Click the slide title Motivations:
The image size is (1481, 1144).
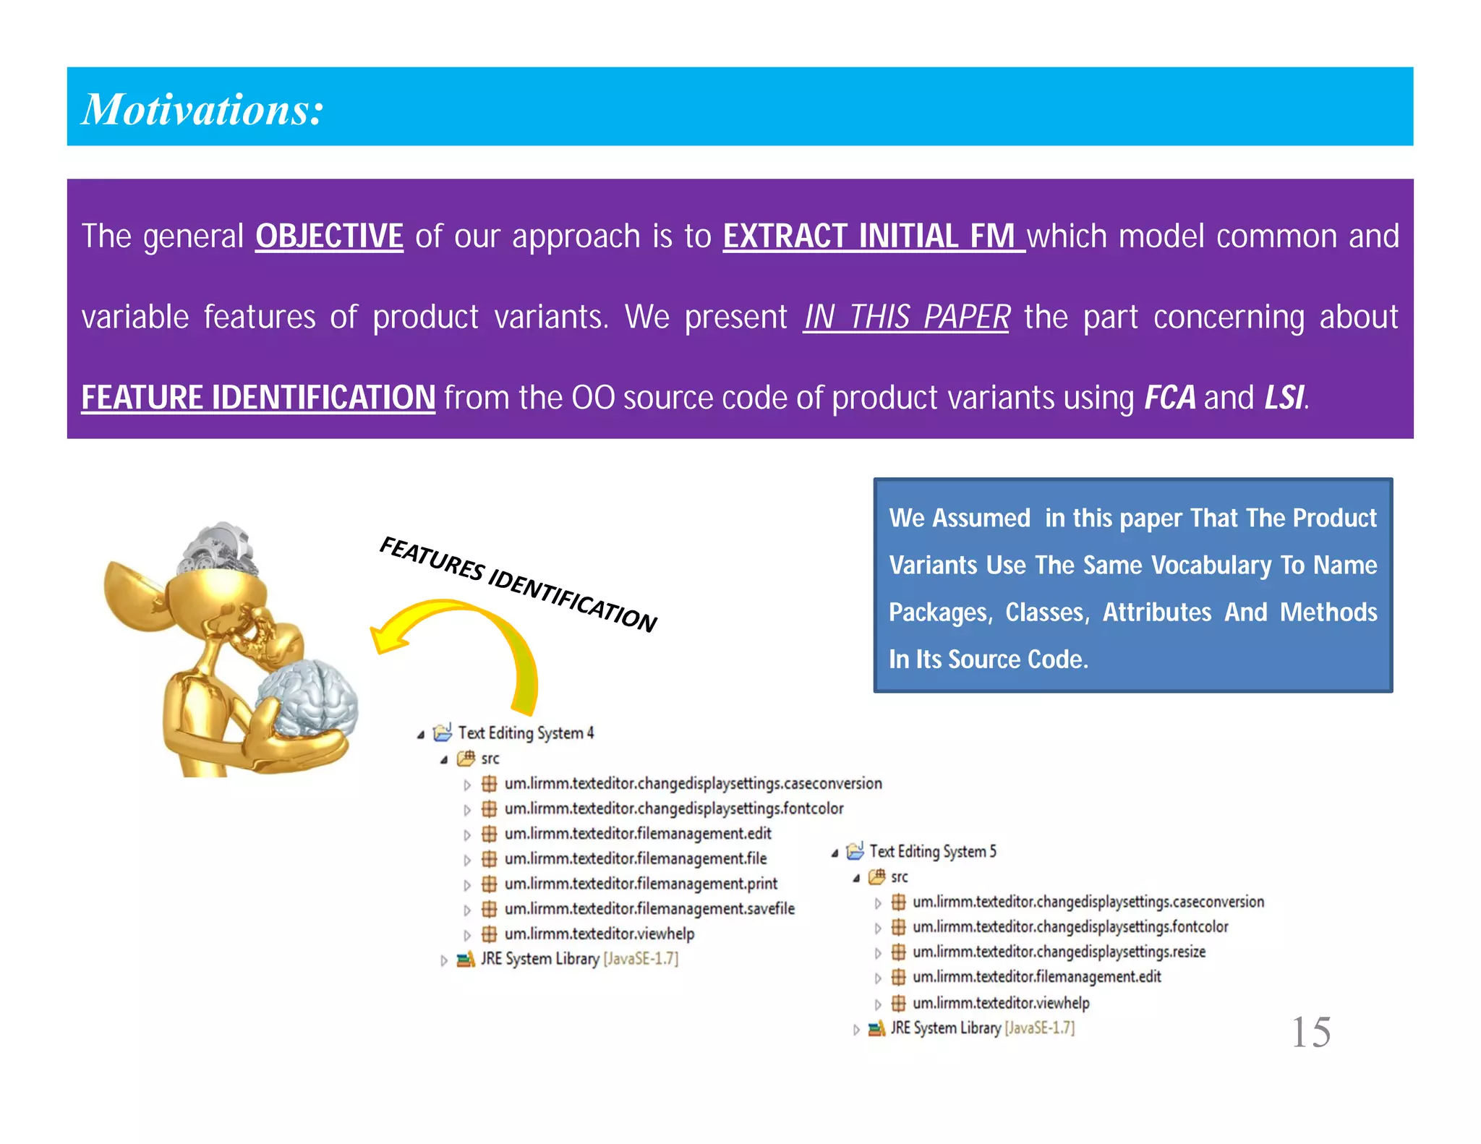[202, 109]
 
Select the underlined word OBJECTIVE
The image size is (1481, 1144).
[329, 236]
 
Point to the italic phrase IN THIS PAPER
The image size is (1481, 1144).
[906, 317]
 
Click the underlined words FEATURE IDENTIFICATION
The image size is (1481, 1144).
[258, 397]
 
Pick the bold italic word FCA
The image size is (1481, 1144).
[1169, 397]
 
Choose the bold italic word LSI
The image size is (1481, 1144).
[1284, 397]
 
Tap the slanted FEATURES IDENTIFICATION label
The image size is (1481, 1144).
[518, 584]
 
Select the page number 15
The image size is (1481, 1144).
[1310, 1032]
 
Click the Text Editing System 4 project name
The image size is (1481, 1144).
[526, 733]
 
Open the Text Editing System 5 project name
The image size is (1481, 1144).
[932, 852]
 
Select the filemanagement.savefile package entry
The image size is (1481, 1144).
[649, 909]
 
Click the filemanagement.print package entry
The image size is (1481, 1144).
[640, 884]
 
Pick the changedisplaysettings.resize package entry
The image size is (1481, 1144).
[1059, 952]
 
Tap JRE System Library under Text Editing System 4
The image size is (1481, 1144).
[539, 960]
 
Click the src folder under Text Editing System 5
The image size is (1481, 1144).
[899, 877]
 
